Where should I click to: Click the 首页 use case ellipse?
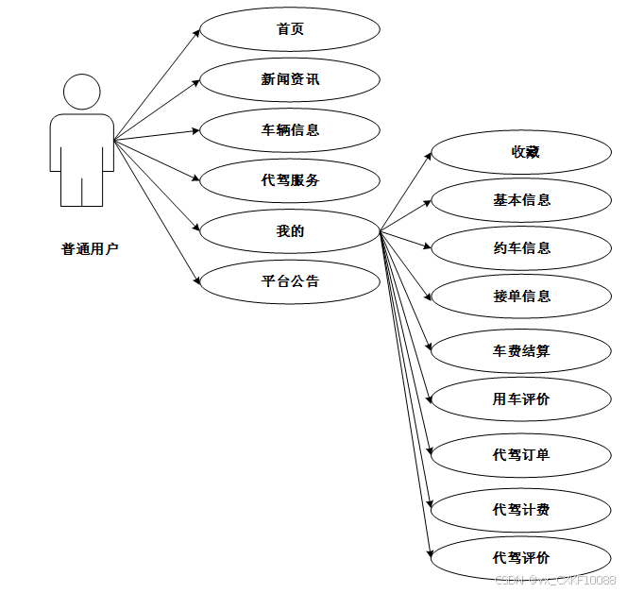click(290, 29)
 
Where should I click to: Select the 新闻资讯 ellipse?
click(290, 79)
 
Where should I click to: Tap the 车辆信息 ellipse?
click(290, 129)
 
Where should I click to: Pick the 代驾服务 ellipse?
click(290, 180)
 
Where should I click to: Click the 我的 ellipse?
click(290, 231)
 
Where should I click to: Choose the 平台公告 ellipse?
click(290, 281)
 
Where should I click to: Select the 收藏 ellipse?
click(521, 152)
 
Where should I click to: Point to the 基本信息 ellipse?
click(521, 200)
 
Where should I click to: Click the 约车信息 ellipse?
click(521, 248)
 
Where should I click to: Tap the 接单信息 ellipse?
click(521, 296)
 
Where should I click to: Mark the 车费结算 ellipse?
click(521, 351)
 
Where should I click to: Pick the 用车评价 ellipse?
click(521, 399)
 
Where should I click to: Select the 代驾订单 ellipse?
click(521, 455)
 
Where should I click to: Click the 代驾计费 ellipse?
click(521, 510)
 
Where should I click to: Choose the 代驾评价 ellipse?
click(521, 558)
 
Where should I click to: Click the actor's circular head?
click(82, 93)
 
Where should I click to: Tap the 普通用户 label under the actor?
click(91, 250)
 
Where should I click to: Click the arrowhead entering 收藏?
click(427, 154)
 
